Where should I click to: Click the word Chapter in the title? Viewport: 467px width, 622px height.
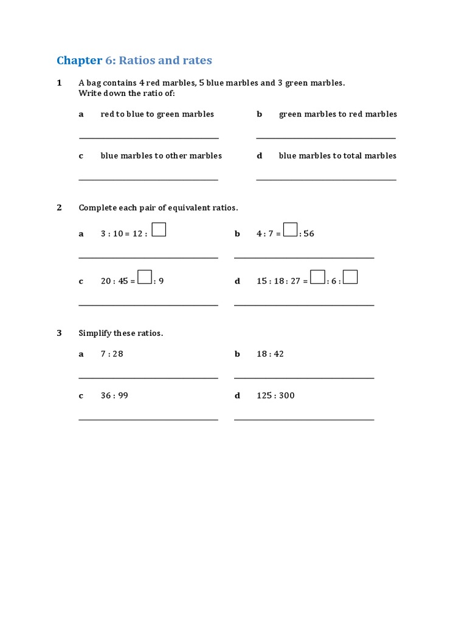tap(79, 60)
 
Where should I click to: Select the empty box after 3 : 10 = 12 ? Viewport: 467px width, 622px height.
tap(159, 230)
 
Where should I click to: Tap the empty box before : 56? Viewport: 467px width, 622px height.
tap(291, 230)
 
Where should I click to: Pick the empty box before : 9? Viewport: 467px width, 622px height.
tap(145, 277)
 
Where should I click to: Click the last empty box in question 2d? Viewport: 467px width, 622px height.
tap(350, 277)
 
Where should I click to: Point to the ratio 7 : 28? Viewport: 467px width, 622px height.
tap(112, 354)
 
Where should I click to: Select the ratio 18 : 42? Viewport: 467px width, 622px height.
tap(270, 354)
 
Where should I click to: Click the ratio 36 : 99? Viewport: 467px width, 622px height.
tap(114, 395)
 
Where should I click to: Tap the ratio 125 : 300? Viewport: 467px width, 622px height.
tap(275, 395)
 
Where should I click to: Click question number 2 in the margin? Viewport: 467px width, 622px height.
tap(60, 208)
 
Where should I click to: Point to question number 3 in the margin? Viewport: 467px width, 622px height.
tap(60, 333)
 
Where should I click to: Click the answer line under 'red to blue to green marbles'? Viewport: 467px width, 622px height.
tap(148, 138)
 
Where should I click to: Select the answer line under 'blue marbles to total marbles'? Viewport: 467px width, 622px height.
tap(326, 180)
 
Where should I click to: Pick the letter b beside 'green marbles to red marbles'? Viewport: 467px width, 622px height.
tap(259, 114)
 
